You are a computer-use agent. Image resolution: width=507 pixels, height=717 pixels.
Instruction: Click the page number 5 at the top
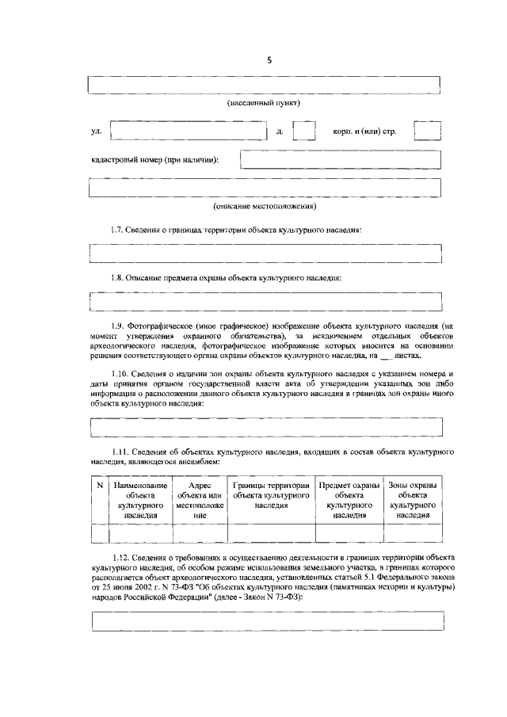[x=269, y=59]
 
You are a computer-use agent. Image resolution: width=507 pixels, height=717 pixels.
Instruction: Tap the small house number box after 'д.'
[x=304, y=130]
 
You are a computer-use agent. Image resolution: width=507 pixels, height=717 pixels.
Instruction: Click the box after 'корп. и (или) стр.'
[x=428, y=130]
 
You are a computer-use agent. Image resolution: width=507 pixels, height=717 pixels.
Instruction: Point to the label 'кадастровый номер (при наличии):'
[x=155, y=160]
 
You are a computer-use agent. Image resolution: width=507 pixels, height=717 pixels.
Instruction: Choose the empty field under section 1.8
[x=265, y=302]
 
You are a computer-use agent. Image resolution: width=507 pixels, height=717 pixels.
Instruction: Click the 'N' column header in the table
[x=100, y=485]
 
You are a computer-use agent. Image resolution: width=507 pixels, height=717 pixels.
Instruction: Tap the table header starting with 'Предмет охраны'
[x=349, y=499]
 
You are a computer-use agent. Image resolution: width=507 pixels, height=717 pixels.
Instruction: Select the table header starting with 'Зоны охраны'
[x=413, y=499]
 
